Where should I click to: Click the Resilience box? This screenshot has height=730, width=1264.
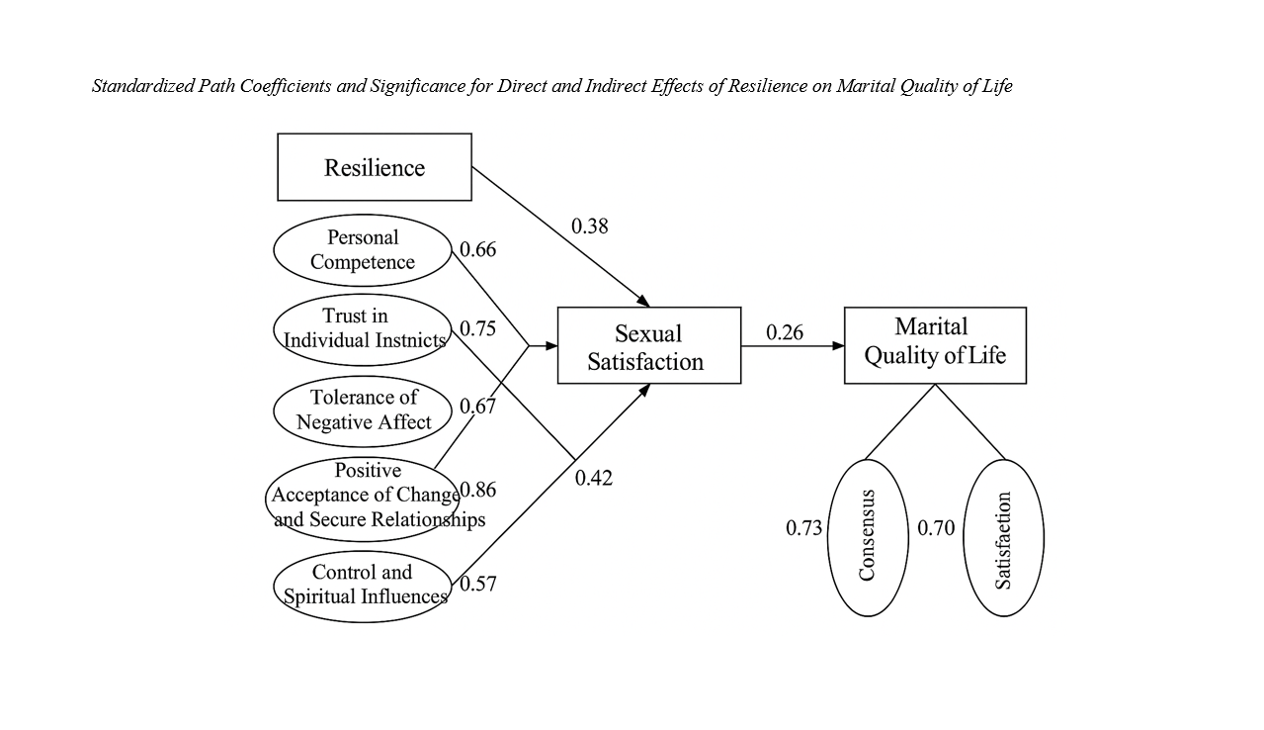pos(375,167)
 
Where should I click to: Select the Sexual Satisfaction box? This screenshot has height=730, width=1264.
pos(648,345)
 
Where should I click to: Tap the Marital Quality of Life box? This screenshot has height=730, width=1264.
pos(935,345)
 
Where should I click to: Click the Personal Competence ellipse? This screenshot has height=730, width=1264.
pos(362,250)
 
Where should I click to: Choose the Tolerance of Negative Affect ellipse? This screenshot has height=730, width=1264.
pos(362,411)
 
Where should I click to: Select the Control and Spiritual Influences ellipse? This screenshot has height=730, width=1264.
pos(362,586)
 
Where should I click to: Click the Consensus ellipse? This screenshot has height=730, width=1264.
pos(867,537)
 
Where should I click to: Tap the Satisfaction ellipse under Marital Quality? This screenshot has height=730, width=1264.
pos(1003,537)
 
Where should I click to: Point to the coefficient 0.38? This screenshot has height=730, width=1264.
pos(590,227)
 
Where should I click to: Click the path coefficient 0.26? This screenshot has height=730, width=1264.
pos(785,333)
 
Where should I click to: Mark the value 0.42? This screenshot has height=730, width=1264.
pos(594,479)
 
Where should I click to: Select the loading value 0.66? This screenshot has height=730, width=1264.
pos(478,250)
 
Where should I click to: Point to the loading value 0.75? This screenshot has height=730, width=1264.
pos(478,329)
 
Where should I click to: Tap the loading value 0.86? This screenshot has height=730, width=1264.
pos(478,491)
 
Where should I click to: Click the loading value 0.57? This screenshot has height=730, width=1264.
pos(478,584)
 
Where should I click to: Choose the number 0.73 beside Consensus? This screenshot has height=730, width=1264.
pos(804,529)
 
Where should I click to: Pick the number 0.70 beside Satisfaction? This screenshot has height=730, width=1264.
pos(936,529)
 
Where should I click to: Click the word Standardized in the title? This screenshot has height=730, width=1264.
pos(139,86)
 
